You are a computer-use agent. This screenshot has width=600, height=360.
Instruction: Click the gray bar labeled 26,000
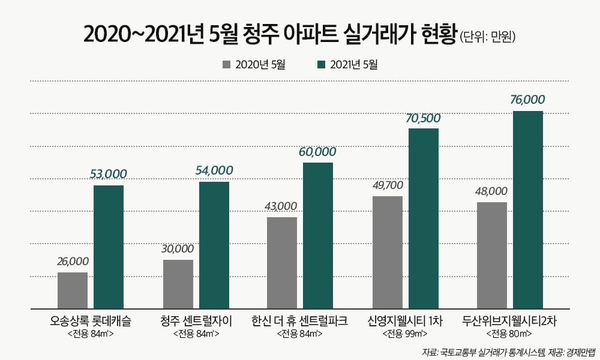pos(73,290)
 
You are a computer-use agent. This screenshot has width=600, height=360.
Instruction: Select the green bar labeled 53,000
pos(109,247)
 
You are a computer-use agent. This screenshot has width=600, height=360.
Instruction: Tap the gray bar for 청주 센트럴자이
pos(178,284)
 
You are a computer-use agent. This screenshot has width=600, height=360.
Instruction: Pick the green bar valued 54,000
pos(214,245)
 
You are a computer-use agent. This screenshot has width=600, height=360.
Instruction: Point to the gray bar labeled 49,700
pos(388,252)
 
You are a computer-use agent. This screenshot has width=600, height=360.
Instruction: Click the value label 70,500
pos(423,118)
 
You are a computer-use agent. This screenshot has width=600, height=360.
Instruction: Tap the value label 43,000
pos(281,206)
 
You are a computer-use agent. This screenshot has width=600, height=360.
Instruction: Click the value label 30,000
pos(178,248)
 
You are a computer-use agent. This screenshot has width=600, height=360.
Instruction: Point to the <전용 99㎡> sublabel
pos(405,334)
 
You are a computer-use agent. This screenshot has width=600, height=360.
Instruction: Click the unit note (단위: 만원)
pos(487,37)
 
